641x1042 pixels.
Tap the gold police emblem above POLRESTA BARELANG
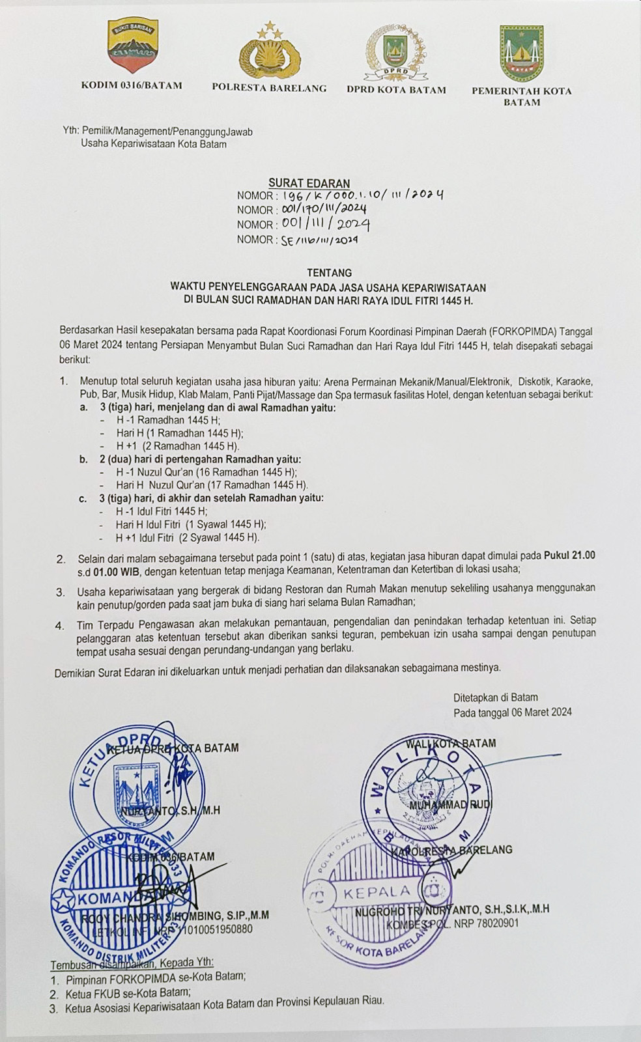pyautogui.click(x=268, y=53)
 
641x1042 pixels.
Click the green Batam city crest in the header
pyautogui.click(x=522, y=53)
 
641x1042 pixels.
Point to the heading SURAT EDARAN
pyautogui.click(x=309, y=184)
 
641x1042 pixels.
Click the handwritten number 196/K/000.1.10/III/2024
pyautogui.click(x=360, y=195)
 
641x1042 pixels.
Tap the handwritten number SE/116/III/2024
pyautogui.click(x=319, y=240)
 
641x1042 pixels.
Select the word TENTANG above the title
pyautogui.click(x=329, y=273)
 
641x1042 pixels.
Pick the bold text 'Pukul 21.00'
pyautogui.click(x=570, y=556)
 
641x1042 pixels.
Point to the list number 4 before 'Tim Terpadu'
pyautogui.click(x=60, y=626)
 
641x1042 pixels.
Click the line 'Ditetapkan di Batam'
pyautogui.click(x=496, y=697)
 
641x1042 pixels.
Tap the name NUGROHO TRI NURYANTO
pyautogui.click(x=417, y=910)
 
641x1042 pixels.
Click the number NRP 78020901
pyautogui.click(x=487, y=923)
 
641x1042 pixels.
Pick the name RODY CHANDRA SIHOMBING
pyautogui.click(x=152, y=916)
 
